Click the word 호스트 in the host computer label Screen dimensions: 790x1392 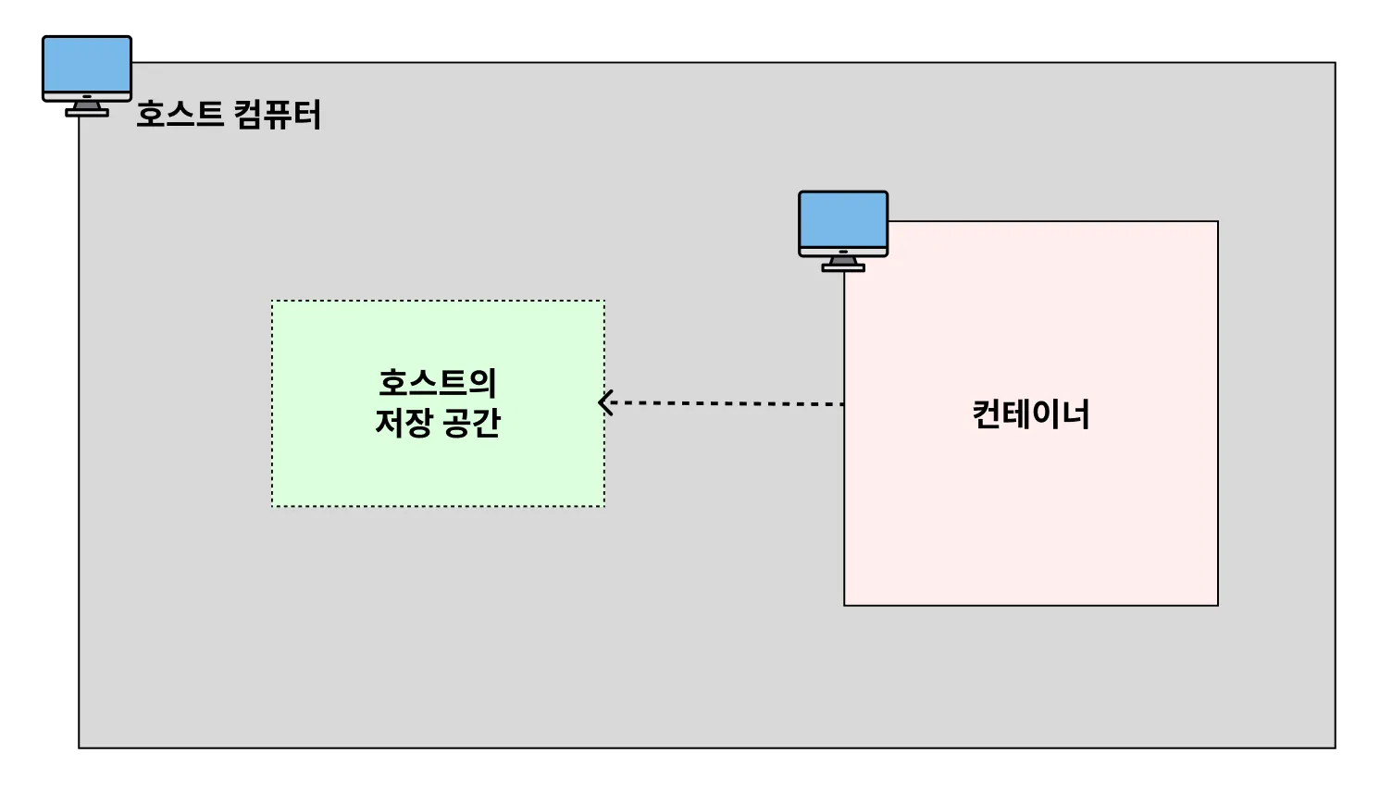coord(180,115)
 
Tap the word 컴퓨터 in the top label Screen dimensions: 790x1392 coord(277,115)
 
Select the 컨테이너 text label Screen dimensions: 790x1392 coord(1030,414)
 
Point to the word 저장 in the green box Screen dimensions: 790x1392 coord(404,423)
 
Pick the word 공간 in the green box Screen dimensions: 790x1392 coord(471,423)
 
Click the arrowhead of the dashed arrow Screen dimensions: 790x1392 coord(606,402)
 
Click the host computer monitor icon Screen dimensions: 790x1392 coord(87,75)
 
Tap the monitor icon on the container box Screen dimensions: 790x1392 coord(843,230)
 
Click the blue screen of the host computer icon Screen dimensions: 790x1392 coord(87,64)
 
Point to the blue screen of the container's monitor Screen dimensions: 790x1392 coord(843,219)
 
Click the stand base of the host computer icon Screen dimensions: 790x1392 coord(87,113)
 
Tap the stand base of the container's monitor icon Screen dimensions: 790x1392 coord(843,268)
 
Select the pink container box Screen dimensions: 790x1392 coord(1030,518)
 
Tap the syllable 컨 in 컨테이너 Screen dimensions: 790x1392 coord(987,414)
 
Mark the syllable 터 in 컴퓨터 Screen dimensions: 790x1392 coord(306,115)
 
